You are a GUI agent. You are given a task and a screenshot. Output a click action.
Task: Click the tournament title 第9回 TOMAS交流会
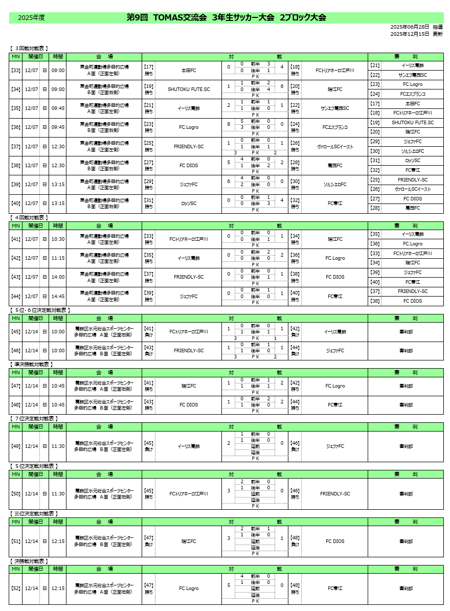tap(167, 17)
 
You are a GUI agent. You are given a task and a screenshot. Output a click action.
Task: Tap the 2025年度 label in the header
tap(31, 18)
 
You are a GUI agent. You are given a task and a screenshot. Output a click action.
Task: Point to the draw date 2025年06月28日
tap(410, 27)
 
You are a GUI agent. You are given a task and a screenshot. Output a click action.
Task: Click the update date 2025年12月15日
tap(410, 34)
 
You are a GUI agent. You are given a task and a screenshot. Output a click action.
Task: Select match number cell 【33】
tap(16, 70)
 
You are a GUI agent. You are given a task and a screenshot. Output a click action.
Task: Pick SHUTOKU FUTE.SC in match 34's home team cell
tap(189, 89)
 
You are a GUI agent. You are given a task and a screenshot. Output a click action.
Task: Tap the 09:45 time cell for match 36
tap(58, 127)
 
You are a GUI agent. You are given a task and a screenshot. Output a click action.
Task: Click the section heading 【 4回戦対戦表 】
tap(29, 217)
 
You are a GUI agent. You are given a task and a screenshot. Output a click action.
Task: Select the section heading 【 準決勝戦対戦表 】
tap(31, 364)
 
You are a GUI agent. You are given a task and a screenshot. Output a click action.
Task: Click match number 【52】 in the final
tap(16, 589)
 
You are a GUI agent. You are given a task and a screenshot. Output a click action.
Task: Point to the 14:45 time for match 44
tap(58, 296)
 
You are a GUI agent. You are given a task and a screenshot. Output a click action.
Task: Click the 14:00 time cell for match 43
tap(58, 277)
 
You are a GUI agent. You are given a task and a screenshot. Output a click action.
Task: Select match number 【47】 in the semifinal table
tap(16, 386)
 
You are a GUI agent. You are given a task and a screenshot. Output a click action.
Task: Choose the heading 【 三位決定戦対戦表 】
tap(33, 513)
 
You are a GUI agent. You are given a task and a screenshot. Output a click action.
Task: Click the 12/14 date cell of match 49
tap(32, 446)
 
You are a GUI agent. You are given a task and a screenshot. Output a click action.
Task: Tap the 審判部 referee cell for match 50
tap(406, 494)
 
